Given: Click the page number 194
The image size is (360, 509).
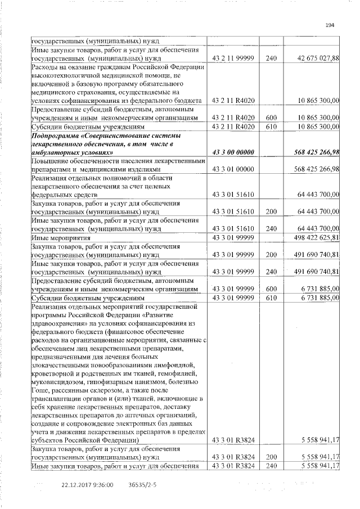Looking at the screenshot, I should pos(330,25).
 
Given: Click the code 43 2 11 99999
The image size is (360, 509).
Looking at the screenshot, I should pos(233,58).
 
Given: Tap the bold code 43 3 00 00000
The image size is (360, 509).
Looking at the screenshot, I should pos(233,152).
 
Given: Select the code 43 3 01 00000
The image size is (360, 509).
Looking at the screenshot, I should pos(233,169).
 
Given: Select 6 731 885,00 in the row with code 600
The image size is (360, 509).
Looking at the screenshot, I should pos(318,289).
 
